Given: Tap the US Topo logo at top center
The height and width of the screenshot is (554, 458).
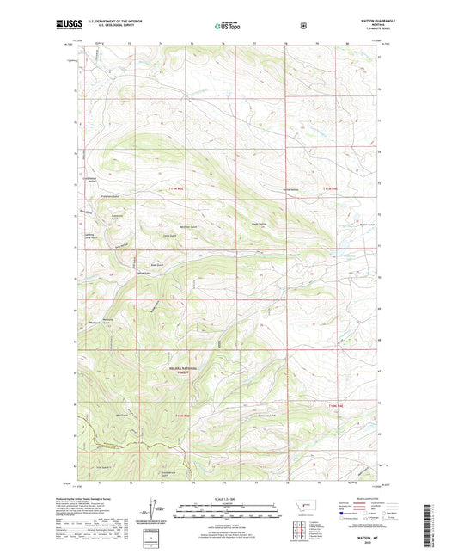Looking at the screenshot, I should pyautogui.click(x=227, y=26).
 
